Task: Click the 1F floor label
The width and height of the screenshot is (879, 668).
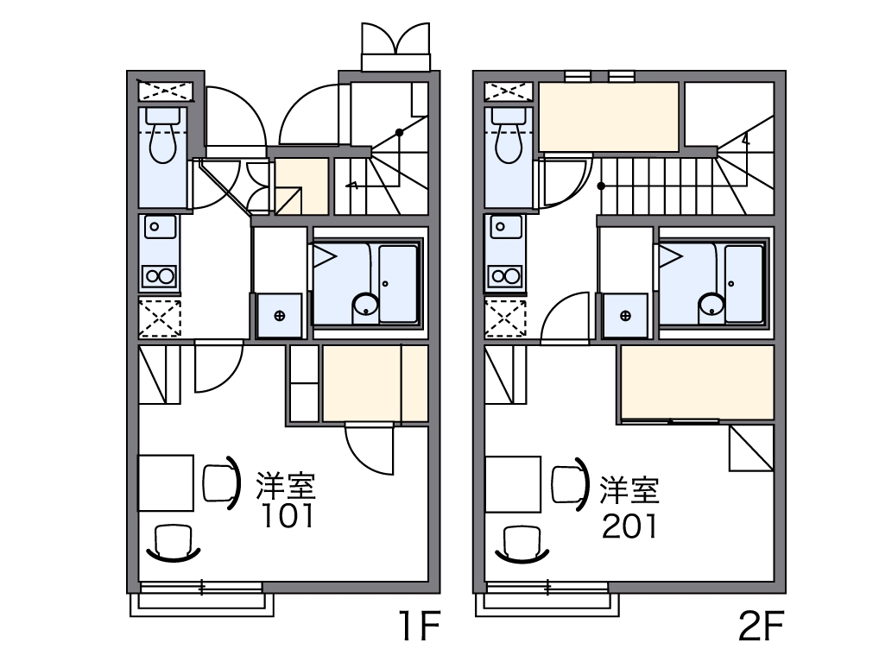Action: (x=420, y=626)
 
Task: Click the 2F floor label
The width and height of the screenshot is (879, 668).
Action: (x=761, y=626)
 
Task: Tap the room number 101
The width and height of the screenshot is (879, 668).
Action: (x=288, y=516)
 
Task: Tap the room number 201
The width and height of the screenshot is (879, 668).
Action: (x=629, y=526)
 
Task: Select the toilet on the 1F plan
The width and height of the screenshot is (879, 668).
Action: (x=162, y=135)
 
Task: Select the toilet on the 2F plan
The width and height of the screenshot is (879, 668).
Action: (x=509, y=135)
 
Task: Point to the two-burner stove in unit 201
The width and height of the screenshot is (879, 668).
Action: (x=506, y=276)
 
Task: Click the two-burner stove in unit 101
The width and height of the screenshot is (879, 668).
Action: (x=160, y=276)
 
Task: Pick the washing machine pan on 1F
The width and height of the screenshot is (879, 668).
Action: (x=279, y=316)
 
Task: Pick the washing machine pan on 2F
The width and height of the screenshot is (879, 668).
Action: (x=625, y=316)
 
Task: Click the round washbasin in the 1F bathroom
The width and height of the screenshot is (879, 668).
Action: (x=365, y=307)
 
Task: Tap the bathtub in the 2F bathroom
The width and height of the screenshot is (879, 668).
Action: (x=744, y=284)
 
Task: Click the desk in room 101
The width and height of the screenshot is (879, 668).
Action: (x=166, y=483)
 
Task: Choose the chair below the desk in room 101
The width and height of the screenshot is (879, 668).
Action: (x=174, y=543)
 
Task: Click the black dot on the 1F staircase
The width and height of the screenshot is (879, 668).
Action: (x=399, y=133)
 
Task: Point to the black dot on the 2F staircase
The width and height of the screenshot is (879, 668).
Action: (x=601, y=186)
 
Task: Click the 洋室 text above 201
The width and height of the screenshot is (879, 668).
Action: (x=629, y=490)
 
